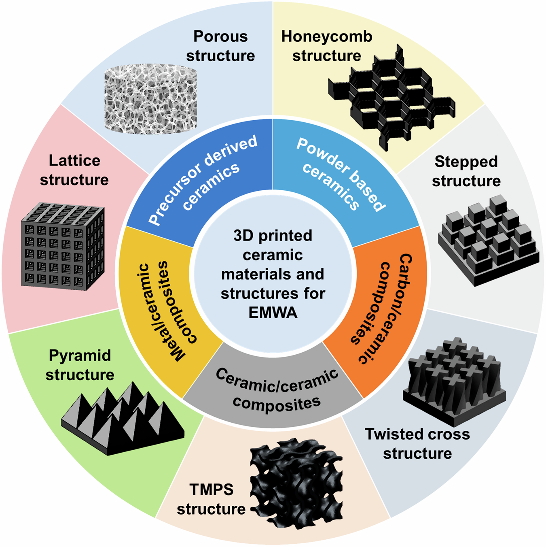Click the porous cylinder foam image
150,99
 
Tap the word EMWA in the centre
273,313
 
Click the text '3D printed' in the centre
273,236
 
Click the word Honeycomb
327,36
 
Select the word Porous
220,36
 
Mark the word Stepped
466,162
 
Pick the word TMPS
212,490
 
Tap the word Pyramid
80,355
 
